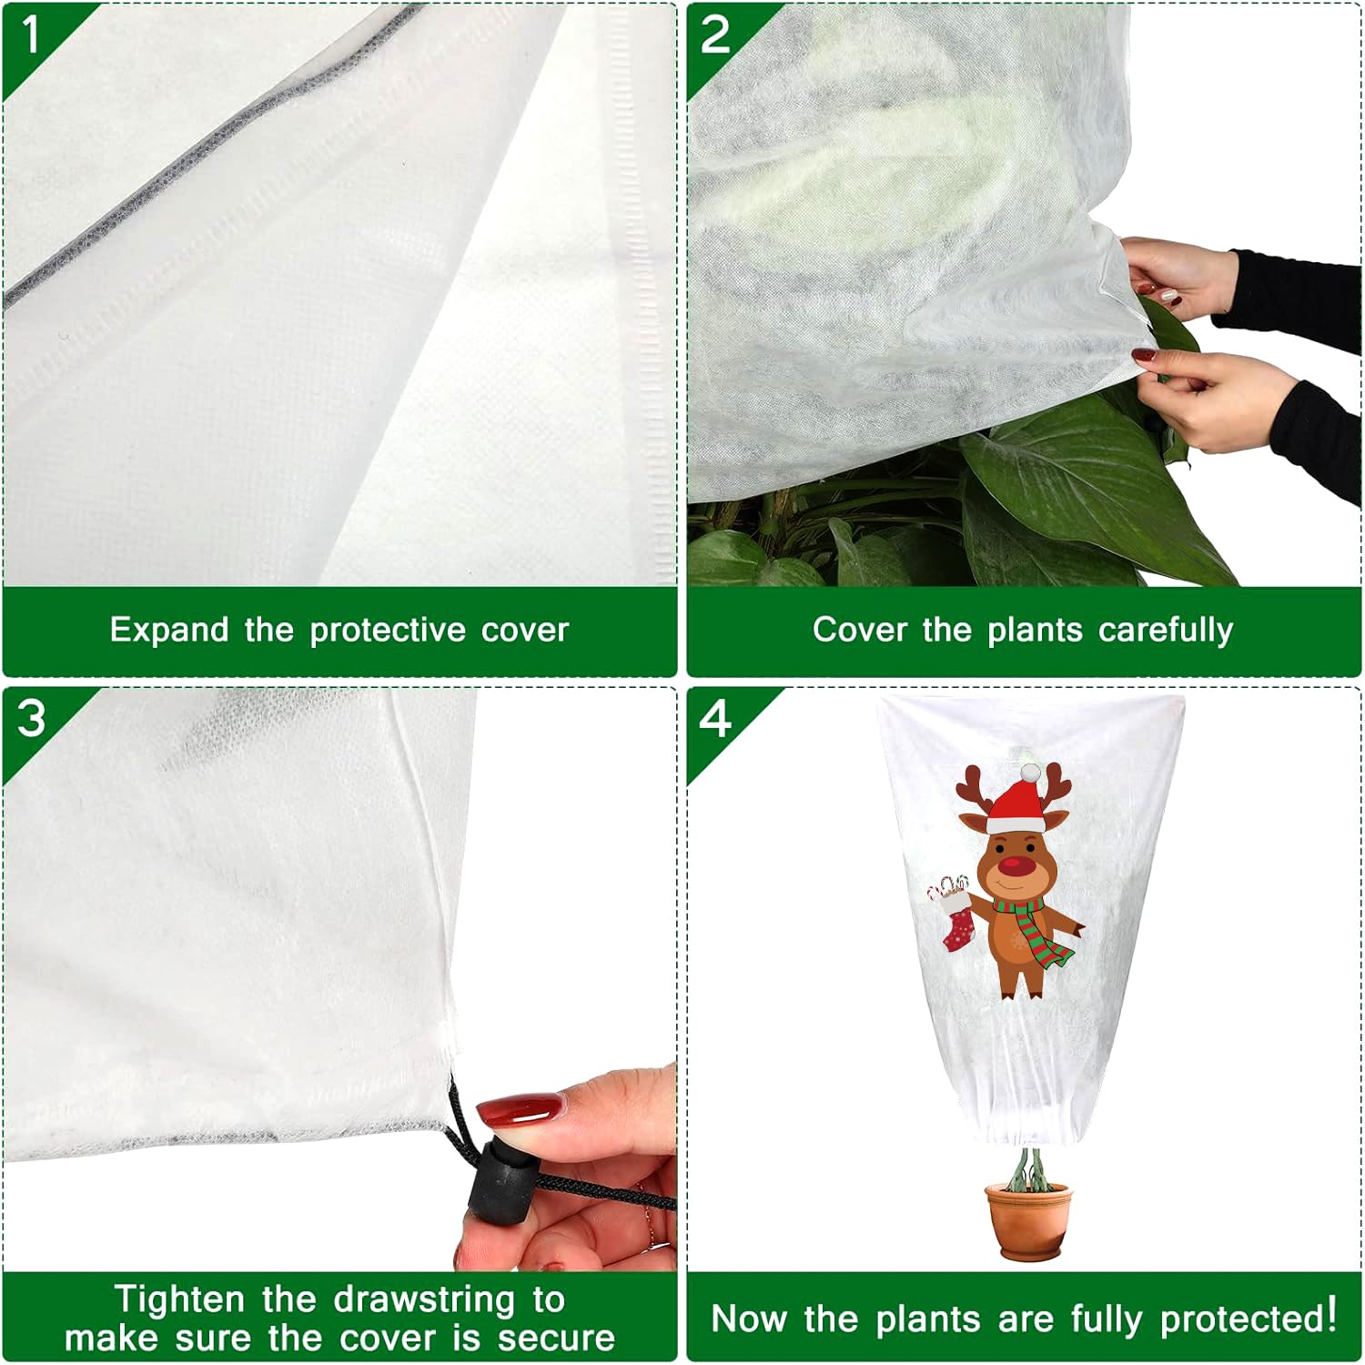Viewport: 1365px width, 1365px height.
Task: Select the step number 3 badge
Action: point(31,719)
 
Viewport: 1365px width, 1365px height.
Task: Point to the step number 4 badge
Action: point(715,719)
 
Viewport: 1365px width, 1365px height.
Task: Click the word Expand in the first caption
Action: point(168,630)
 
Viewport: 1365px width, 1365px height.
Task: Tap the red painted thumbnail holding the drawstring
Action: point(519,1111)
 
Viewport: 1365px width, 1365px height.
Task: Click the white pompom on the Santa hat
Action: point(1029,773)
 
